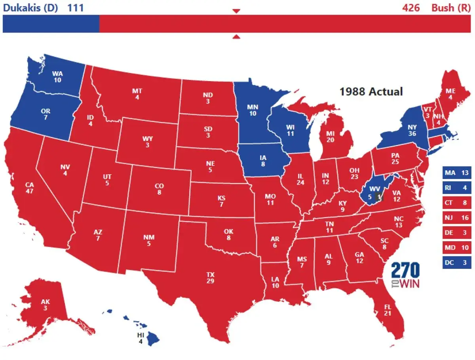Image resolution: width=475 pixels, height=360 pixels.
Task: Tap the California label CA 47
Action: [x=29, y=188]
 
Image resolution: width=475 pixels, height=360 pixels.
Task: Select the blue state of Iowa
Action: [x=263, y=160]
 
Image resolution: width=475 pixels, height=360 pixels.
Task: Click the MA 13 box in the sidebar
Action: [x=456, y=173]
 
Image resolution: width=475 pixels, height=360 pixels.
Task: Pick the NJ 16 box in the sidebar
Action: [x=456, y=218]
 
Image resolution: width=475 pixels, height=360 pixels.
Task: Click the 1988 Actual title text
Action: [x=371, y=91]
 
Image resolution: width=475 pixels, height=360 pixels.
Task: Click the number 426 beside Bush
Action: [x=411, y=8]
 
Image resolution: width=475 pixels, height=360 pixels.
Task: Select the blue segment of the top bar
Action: [x=51, y=24]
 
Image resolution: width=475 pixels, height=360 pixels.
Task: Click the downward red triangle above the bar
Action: [x=236, y=11]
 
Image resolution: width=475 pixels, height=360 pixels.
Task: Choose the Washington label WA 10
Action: [x=57, y=76]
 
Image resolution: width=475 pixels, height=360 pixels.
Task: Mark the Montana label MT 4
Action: [x=137, y=94]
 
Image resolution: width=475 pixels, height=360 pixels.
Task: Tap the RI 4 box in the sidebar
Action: [x=456, y=188]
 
